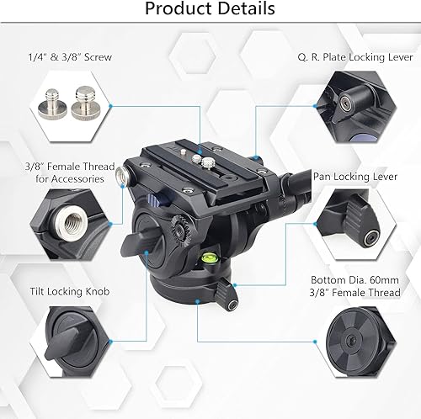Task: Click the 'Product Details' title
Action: (x=210, y=8)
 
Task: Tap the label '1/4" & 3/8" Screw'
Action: (x=70, y=57)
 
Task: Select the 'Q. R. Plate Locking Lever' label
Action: (x=355, y=57)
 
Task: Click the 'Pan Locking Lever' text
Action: (x=355, y=177)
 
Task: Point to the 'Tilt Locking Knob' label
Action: (x=70, y=292)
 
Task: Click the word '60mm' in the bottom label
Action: (x=384, y=280)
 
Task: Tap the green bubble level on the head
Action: (x=209, y=257)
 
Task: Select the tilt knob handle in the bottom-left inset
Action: (x=62, y=344)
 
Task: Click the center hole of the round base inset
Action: (x=350, y=340)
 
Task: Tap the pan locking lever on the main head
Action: (x=227, y=296)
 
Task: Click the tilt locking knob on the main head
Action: (x=138, y=242)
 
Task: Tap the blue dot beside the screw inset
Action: (x=110, y=106)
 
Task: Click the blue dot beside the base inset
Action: (x=315, y=342)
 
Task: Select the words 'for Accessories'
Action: (x=70, y=179)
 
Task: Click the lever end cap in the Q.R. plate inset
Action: (x=345, y=103)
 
